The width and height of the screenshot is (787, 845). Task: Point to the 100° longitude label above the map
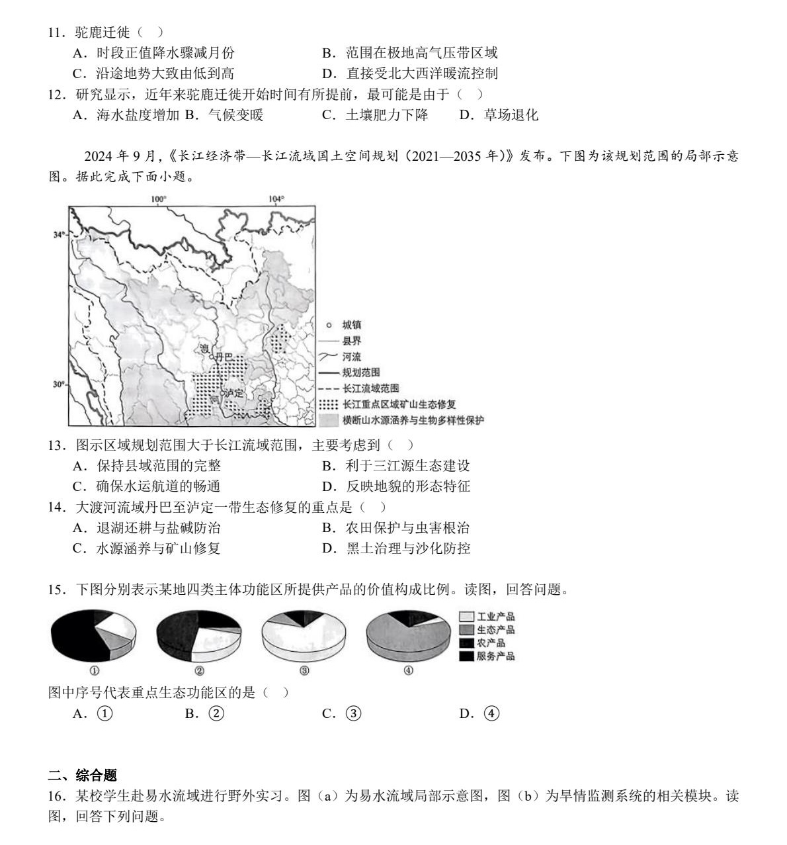[x=159, y=199]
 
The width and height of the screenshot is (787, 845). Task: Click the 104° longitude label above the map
[x=276, y=199]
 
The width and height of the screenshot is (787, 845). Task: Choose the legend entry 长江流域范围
[x=370, y=388]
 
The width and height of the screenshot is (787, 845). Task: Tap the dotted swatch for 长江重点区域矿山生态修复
[x=329, y=404]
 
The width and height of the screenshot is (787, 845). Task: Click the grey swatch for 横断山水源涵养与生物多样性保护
[x=329, y=420]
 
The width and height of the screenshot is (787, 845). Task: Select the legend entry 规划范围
[x=360, y=373]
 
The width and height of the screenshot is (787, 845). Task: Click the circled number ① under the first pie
[x=94, y=670]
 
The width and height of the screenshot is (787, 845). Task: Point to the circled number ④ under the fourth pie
[x=408, y=670]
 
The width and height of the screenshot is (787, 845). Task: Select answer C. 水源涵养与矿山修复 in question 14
[x=146, y=548]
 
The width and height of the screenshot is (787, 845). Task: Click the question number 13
[x=56, y=445]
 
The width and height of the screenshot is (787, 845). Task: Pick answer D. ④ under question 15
[x=479, y=713]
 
